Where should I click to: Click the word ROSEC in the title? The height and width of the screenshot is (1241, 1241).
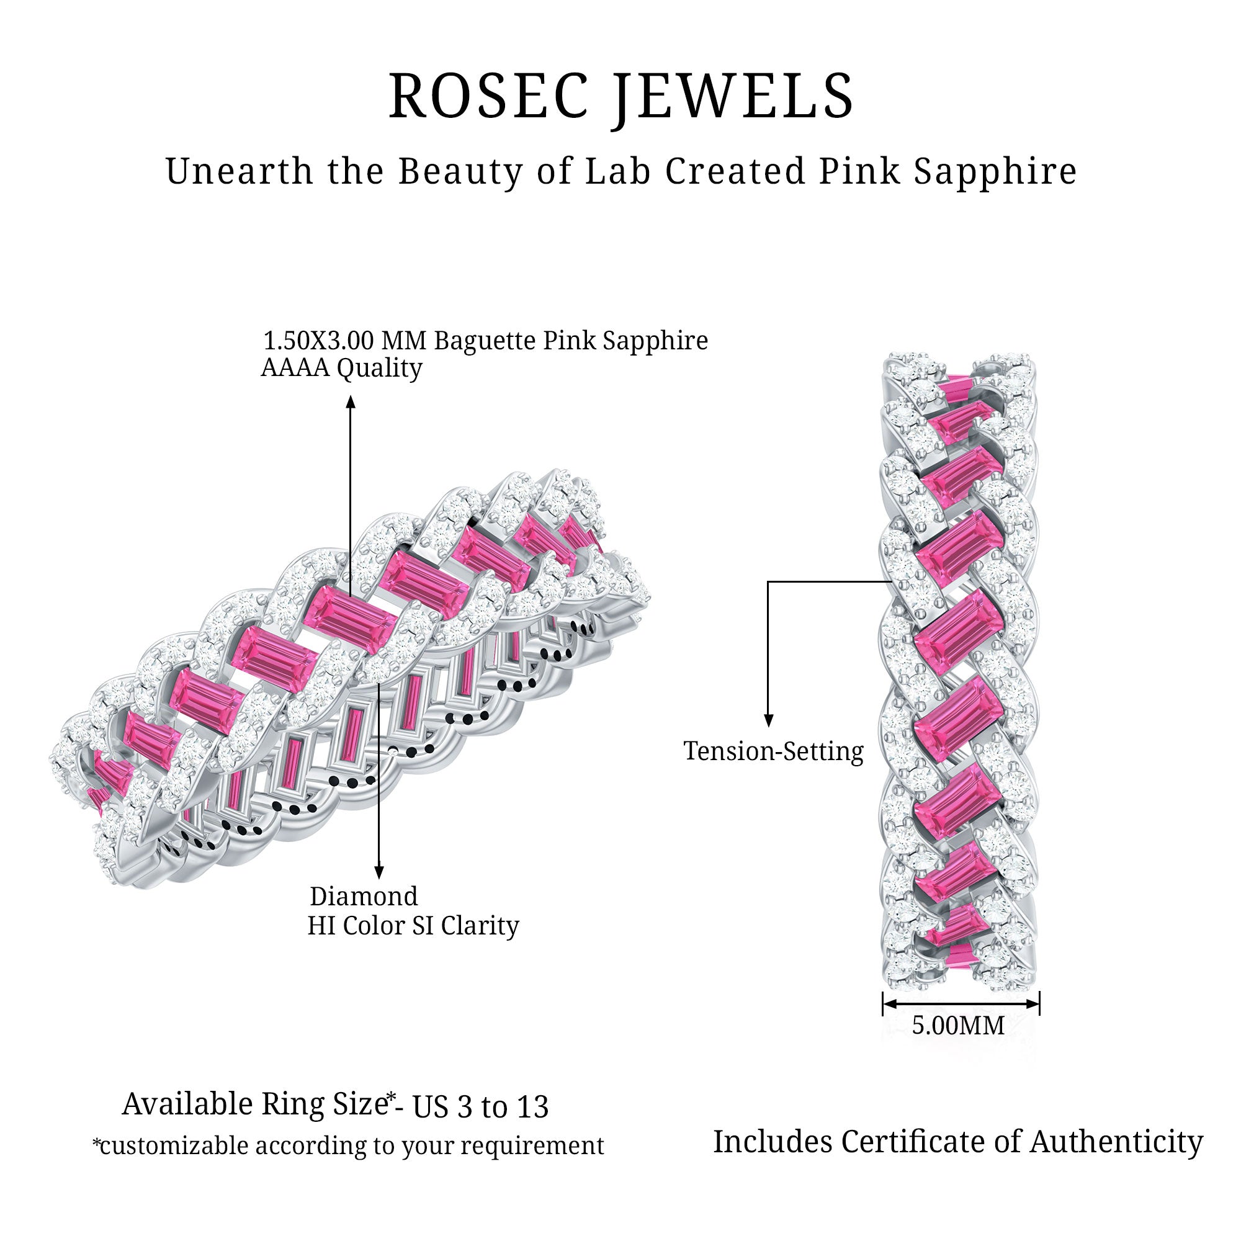click(x=488, y=96)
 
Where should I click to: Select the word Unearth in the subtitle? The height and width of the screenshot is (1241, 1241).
click(x=238, y=171)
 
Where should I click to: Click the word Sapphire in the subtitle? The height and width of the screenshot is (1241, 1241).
click(x=995, y=172)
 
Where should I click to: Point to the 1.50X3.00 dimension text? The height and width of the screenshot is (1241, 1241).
click(x=318, y=341)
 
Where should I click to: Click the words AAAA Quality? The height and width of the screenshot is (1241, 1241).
click(x=341, y=368)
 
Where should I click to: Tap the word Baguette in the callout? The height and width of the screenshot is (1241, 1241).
click(x=485, y=341)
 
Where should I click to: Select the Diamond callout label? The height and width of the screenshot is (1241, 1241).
click(x=364, y=897)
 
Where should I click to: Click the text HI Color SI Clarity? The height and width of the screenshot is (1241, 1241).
click(x=413, y=926)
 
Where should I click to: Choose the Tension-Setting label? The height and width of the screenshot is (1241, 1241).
click(x=773, y=751)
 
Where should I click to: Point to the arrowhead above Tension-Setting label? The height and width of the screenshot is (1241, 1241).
click(x=768, y=720)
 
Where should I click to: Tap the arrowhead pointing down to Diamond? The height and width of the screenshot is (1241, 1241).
click(x=379, y=872)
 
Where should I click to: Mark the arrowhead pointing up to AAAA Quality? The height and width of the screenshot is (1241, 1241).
click(x=351, y=402)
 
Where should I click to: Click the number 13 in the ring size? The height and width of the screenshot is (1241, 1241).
click(x=532, y=1107)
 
